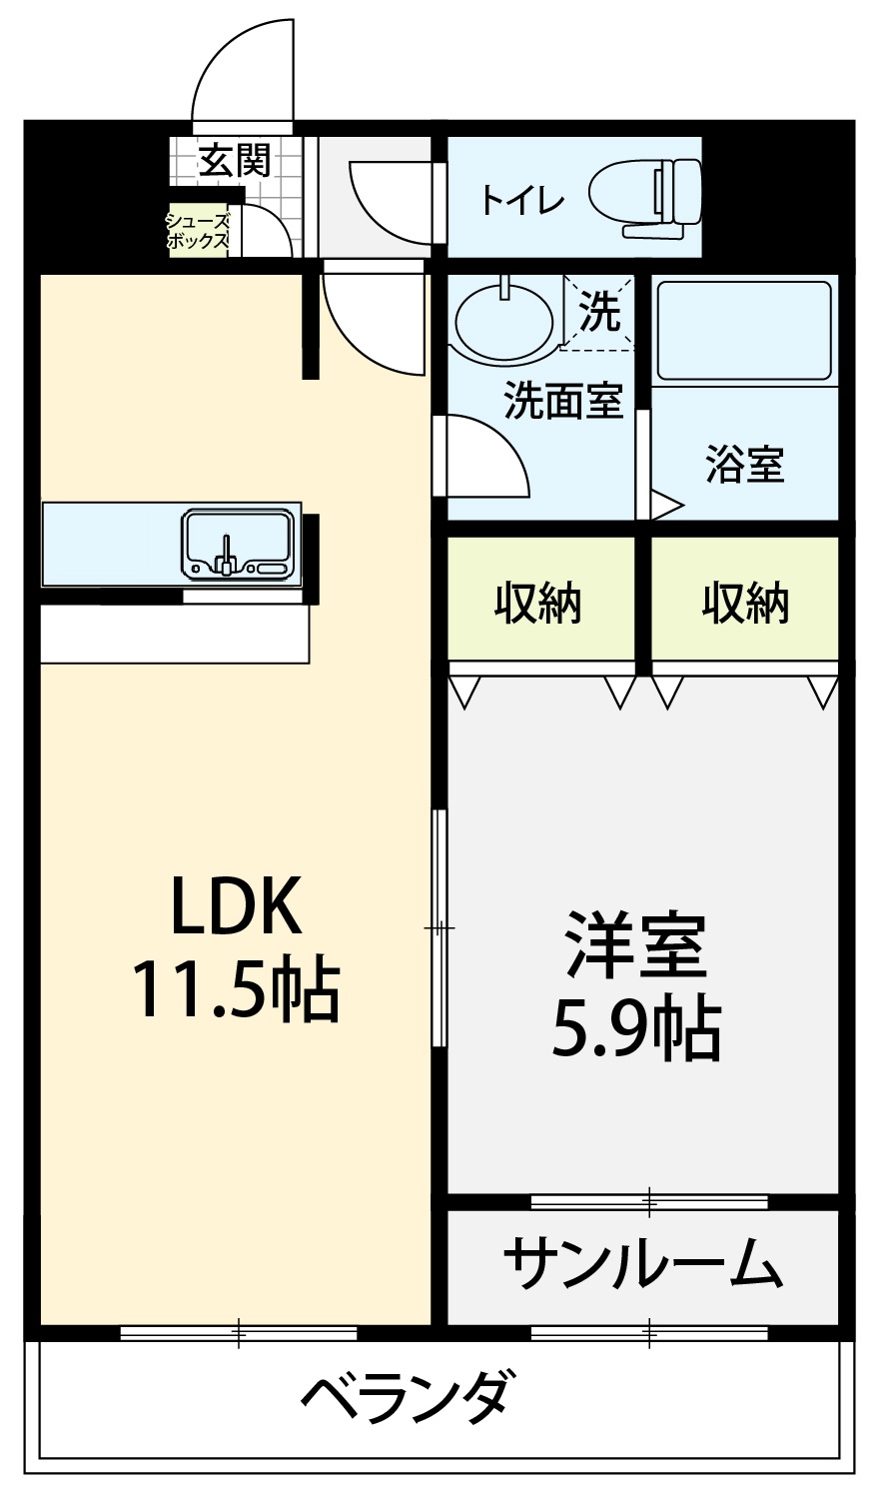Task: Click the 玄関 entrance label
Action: click(x=235, y=160)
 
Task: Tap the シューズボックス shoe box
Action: click(x=199, y=231)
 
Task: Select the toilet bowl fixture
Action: click(x=645, y=198)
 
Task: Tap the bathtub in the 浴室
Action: click(x=744, y=331)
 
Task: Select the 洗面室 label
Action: click(x=563, y=401)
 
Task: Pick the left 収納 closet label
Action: click(x=538, y=604)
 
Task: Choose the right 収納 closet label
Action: click(x=745, y=604)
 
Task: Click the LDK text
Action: click(x=236, y=905)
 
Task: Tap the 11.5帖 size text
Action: click(x=237, y=988)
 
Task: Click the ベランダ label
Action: click(x=410, y=1397)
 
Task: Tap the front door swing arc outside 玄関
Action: click(x=219, y=54)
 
